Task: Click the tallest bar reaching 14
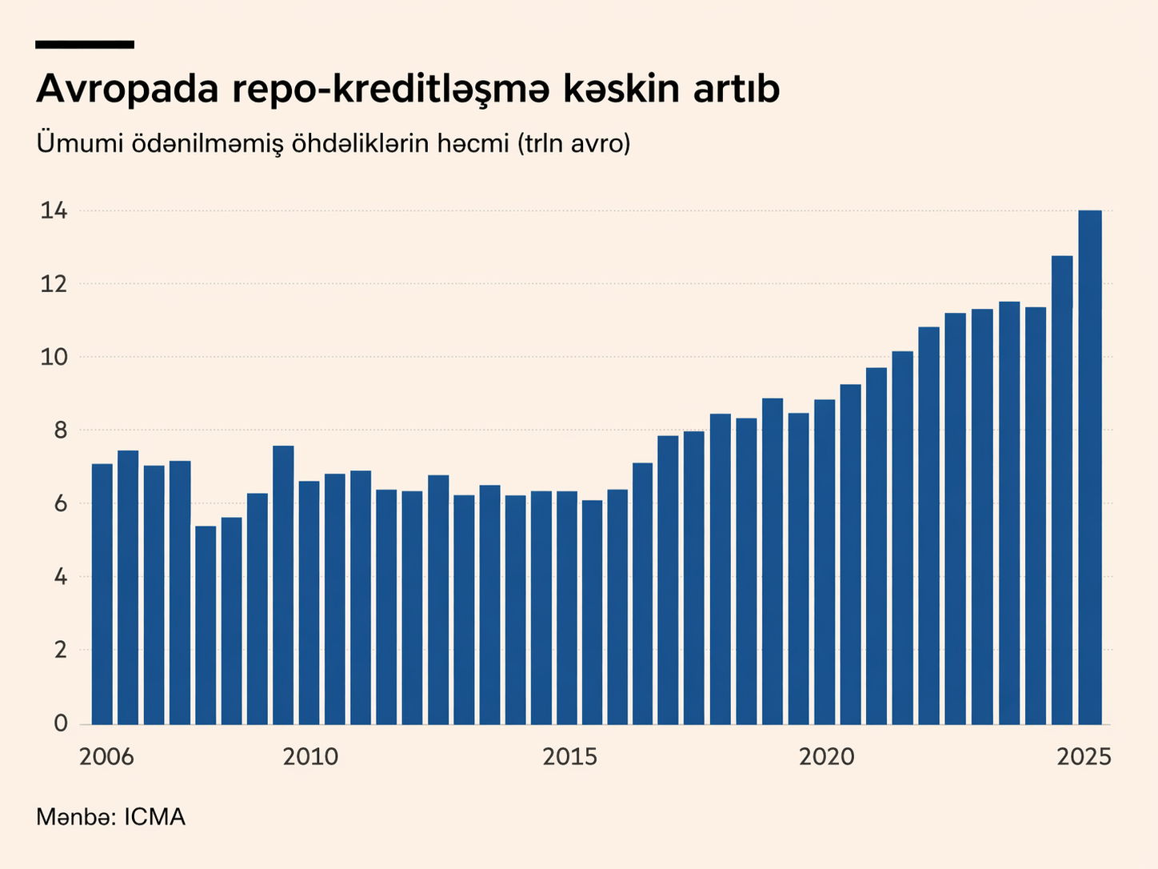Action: click(x=1090, y=467)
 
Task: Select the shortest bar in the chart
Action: click(x=206, y=624)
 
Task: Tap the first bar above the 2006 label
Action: click(x=102, y=594)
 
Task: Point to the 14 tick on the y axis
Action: click(x=54, y=211)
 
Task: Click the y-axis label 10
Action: click(x=54, y=358)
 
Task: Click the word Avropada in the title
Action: click(x=127, y=90)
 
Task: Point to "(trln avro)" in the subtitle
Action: click(x=574, y=144)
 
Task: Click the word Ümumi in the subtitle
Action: click(x=79, y=144)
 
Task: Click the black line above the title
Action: click(x=85, y=45)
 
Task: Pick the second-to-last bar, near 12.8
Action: click(x=1062, y=490)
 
